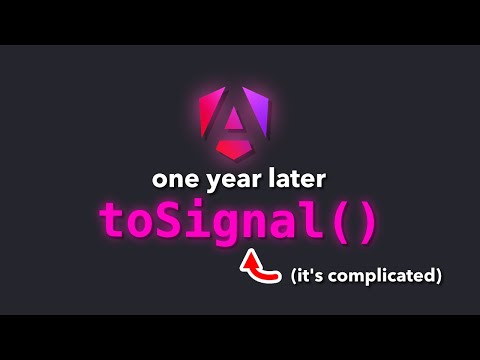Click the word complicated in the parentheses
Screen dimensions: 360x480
[x=390, y=273]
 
